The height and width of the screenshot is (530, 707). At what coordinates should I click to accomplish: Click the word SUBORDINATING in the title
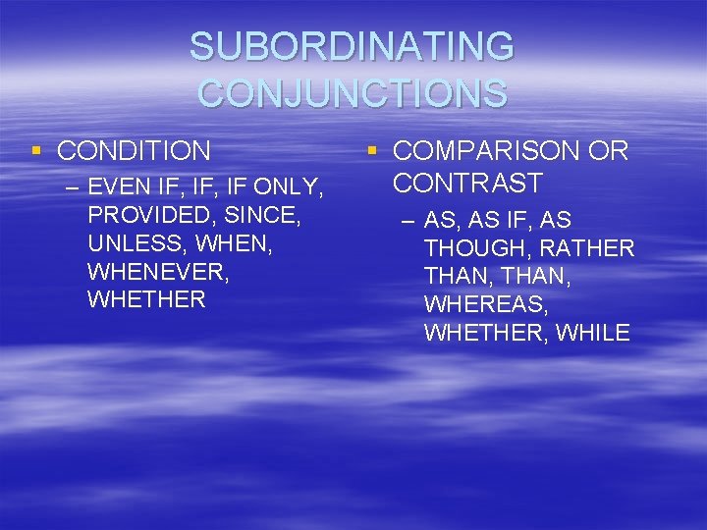click(x=352, y=47)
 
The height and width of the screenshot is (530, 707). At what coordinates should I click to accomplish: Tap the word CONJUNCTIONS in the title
click(x=353, y=93)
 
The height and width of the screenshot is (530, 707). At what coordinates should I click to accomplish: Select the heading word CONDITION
click(x=134, y=151)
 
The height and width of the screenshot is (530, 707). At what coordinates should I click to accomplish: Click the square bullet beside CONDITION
click(x=36, y=150)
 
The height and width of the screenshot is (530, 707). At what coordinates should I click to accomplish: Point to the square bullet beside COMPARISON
click(x=372, y=150)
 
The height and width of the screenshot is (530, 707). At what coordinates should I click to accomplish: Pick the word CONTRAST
click(x=467, y=183)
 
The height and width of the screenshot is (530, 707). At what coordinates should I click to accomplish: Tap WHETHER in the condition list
click(x=146, y=299)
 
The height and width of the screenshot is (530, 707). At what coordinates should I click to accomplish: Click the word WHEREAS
click(x=482, y=305)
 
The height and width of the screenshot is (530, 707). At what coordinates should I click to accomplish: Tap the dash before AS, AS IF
click(x=409, y=220)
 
